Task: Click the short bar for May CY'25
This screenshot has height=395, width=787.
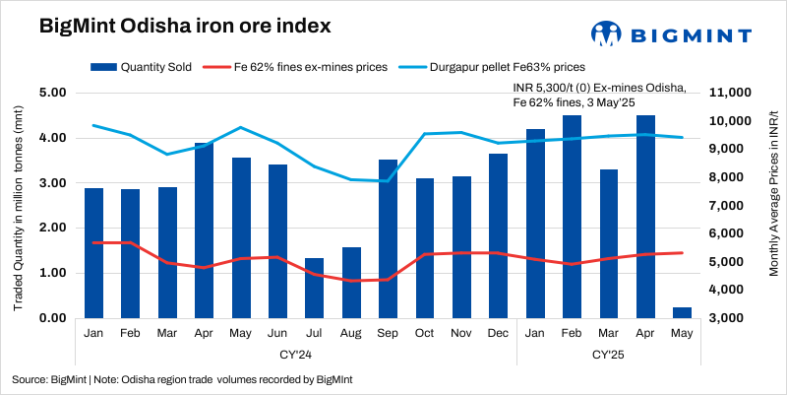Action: [682, 312]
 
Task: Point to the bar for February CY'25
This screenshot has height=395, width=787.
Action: [572, 217]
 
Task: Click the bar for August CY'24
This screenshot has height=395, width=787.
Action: [351, 283]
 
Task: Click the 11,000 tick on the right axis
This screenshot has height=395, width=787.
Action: [730, 93]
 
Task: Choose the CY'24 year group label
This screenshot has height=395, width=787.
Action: [296, 353]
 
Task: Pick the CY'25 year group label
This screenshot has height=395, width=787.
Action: [608, 353]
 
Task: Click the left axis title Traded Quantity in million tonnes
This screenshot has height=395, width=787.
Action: [18, 207]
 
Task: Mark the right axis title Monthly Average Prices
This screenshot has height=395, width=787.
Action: [773, 207]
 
